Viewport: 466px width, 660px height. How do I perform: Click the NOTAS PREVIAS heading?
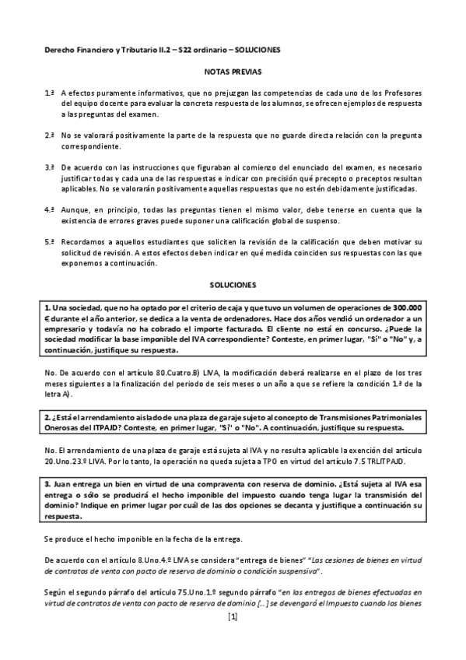coord(233,72)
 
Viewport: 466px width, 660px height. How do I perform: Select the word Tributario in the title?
coord(131,50)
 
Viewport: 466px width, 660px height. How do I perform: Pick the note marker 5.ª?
coord(49,242)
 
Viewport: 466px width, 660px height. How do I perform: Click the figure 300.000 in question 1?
coord(403,307)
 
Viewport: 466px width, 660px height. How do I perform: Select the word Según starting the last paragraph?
coord(54,592)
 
